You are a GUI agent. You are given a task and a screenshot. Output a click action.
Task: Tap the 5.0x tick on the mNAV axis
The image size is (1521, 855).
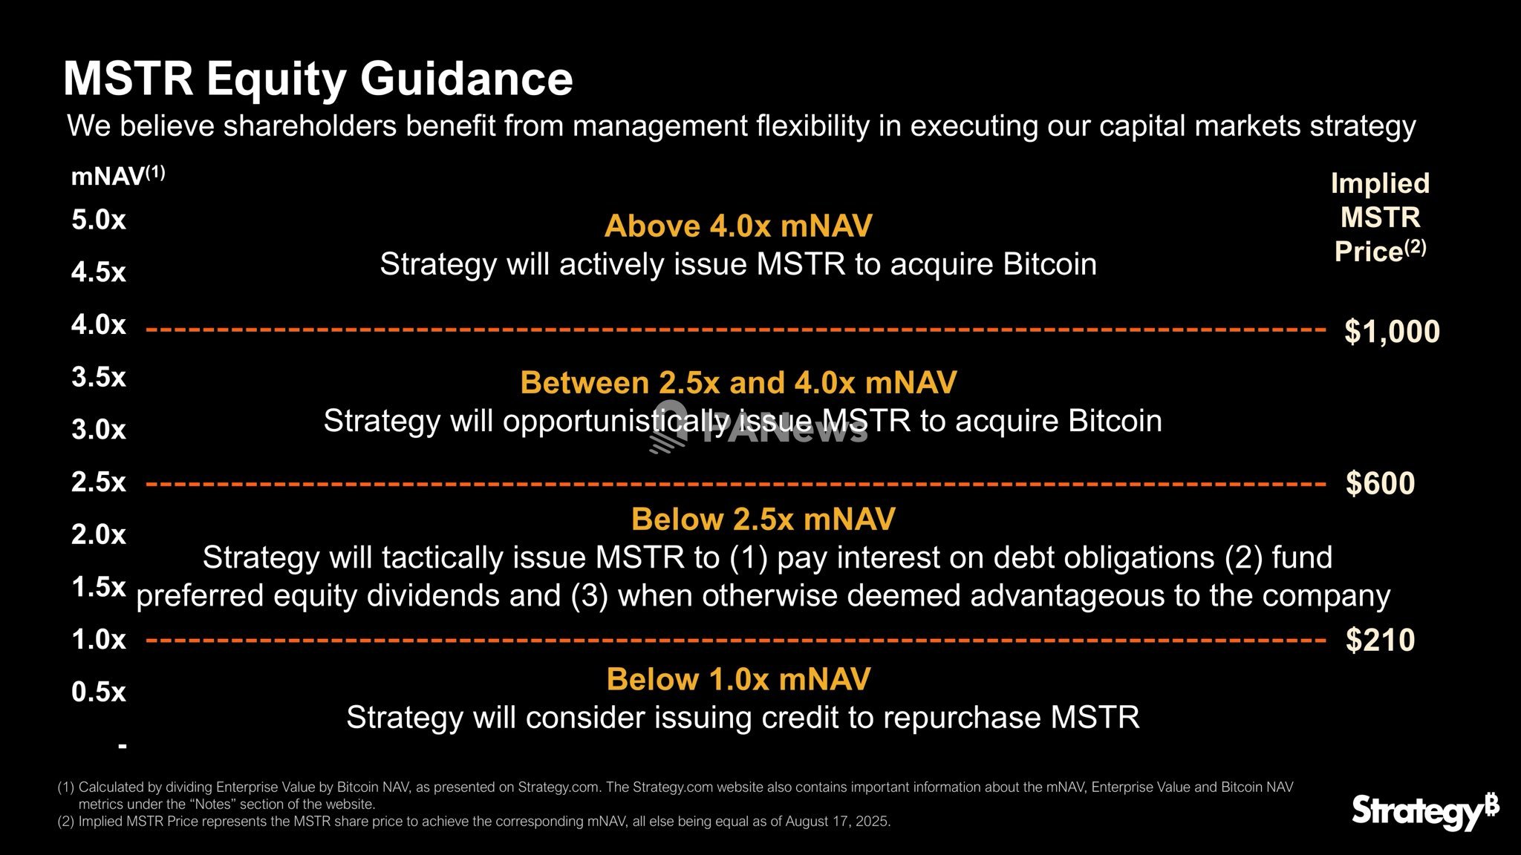99,220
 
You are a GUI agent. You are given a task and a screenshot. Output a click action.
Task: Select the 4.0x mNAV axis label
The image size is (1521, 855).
99,324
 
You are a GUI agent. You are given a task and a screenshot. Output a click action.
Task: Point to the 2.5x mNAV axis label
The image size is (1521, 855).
99,482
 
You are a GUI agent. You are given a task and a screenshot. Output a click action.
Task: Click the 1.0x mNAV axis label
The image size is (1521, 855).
99,639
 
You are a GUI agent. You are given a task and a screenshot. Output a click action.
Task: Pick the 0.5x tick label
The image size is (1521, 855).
99,692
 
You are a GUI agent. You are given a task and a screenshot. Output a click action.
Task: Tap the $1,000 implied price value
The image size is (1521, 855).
1392,332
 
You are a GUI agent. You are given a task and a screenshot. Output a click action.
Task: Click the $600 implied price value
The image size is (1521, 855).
1381,483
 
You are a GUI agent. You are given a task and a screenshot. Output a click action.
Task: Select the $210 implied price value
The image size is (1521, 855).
1381,640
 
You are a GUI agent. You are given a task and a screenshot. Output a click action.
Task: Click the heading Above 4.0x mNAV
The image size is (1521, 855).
738,226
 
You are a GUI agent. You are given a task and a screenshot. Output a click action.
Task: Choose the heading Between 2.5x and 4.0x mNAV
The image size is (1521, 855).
738,383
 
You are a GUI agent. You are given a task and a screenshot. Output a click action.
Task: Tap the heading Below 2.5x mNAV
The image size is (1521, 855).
763,519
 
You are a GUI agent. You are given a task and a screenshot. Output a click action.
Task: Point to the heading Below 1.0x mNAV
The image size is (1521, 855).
738,679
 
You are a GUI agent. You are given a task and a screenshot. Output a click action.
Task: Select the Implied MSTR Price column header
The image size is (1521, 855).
1380,217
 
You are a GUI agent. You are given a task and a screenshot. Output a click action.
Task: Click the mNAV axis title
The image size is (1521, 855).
118,176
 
